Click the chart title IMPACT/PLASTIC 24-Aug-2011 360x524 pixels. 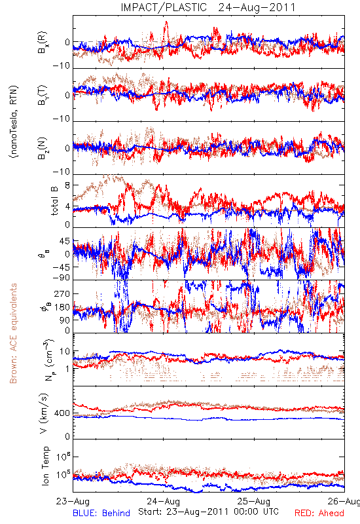pos(208,7)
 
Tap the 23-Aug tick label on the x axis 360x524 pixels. pos(73,502)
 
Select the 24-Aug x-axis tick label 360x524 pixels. pos(163,502)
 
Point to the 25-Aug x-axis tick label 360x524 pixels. pos(254,502)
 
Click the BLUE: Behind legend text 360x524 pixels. pos(101,514)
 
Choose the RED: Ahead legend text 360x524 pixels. pos(319,514)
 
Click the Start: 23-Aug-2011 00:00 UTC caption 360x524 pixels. pos(208,512)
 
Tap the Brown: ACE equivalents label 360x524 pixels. pos(13,333)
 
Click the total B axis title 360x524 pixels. pos(54,200)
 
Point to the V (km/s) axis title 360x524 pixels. pos(44,413)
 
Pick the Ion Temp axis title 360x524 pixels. pos(45,466)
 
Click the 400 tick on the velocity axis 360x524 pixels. pos(62,413)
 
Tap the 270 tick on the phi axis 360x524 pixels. pos(62,293)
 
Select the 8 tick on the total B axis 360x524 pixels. pos(67,185)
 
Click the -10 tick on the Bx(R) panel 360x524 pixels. pos(61,66)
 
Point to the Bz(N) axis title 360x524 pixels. pos(43,148)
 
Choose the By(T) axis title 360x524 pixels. pos(43,95)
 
